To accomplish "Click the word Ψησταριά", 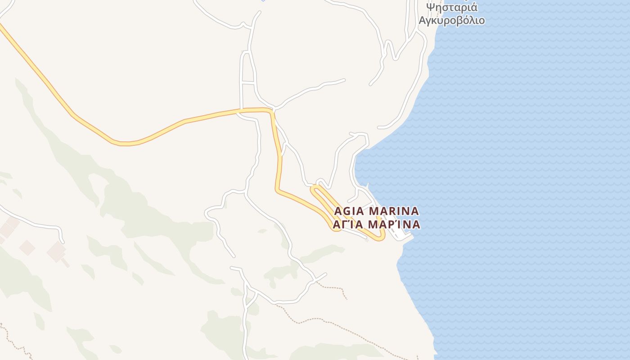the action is (x=452, y=8).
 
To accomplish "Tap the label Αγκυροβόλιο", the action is (x=452, y=21).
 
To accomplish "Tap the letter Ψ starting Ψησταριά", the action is (x=431, y=8).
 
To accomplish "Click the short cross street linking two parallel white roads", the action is (x=248, y=82).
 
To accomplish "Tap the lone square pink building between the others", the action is (x=27, y=247).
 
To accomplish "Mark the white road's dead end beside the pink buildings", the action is (x=63, y=242).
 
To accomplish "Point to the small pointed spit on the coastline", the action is (x=368, y=185).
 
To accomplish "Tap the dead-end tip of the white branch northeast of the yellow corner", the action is (x=344, y=80).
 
